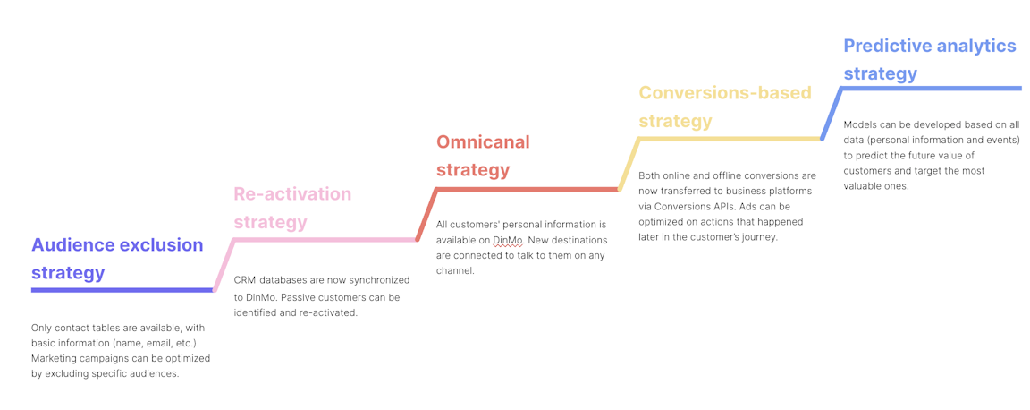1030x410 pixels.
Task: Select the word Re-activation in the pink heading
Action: (292, 194)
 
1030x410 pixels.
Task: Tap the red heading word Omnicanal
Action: (483, 142)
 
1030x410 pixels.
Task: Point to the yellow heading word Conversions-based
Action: (725, 93)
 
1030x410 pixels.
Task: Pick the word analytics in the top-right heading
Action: (980, 46)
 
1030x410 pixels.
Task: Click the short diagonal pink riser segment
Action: (224, 265)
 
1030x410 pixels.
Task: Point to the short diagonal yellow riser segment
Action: (629, 164)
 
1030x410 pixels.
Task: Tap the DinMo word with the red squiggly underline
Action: (508, 241)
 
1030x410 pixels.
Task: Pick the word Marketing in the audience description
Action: (55, 358)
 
